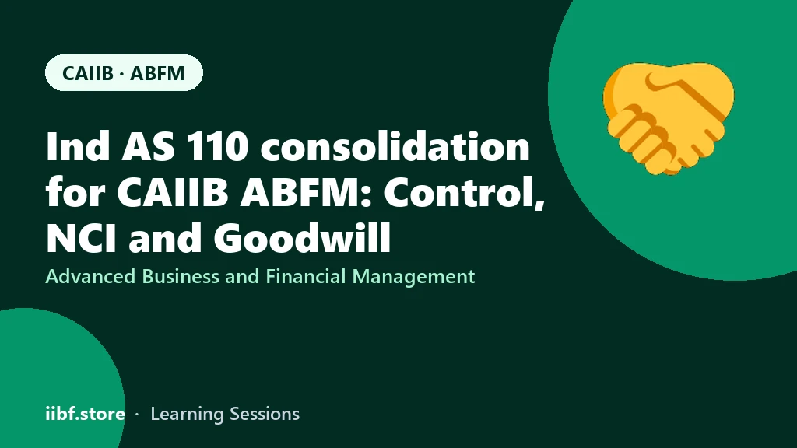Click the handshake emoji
click(669, 119)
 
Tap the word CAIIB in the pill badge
click(88, 73)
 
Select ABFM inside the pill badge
click(157, 73)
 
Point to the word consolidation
click(395, 146)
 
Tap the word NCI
click(81, 237)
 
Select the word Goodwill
click(302, 237)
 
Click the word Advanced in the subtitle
click(90, 276)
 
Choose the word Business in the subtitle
click(181, 276)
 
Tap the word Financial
click(305, 276)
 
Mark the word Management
click(413, 278)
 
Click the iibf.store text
click(86, 414)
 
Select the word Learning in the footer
click(187, 415)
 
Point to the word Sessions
click(265, 414)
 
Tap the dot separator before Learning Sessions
click(137, 415)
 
